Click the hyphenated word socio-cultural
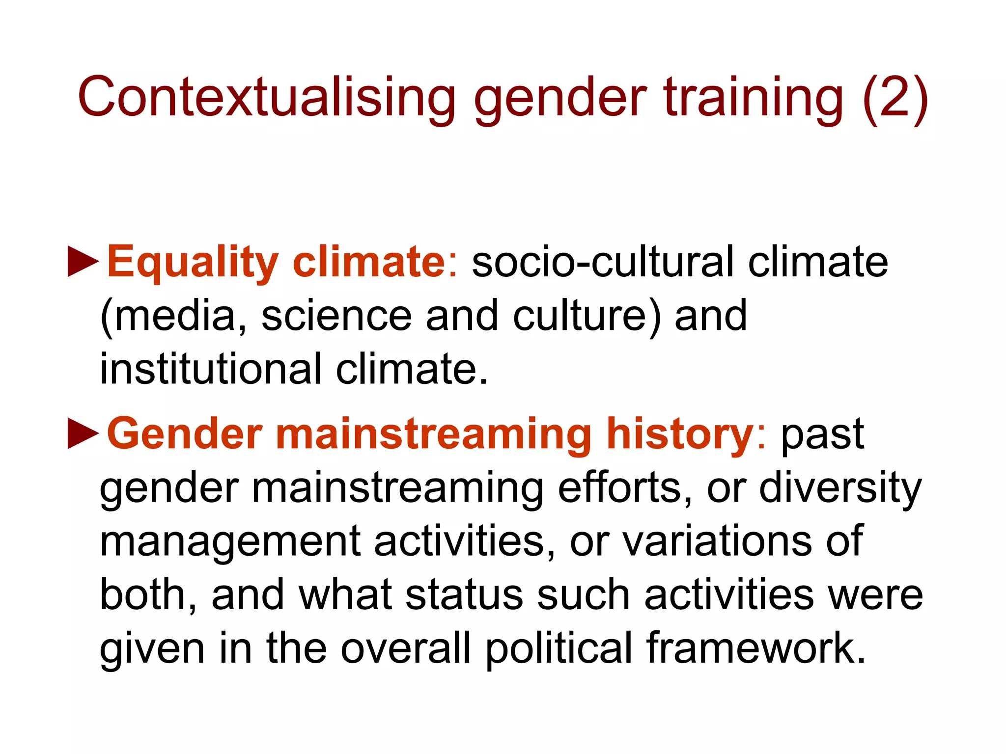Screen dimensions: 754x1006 (x=602, y=262)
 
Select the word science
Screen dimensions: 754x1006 (x=336, y=316)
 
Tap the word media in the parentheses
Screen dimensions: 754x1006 (x=174, y=316)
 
